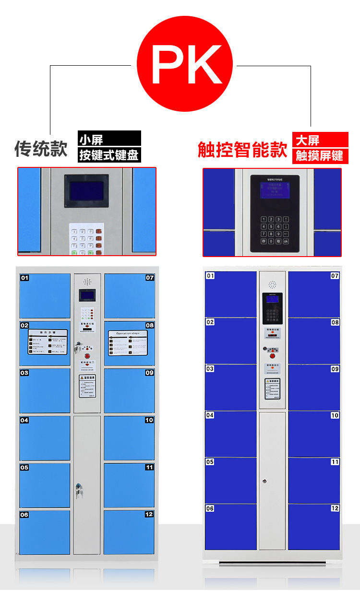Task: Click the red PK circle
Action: click(185, 64)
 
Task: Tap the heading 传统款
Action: click(41, 149)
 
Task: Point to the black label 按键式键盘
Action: click(109, 155)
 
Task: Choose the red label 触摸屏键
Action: click(319, 155)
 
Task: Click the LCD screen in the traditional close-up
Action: click(86, 190)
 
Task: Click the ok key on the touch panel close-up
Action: click(286, 241)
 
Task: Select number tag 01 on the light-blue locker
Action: click(24, 278)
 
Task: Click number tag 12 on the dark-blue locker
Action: click(335, 508)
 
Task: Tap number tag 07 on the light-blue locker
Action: click(150, 278)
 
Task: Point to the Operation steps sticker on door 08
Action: click(128, 342)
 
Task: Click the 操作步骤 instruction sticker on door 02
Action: click(48, 341)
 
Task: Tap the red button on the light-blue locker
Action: click(87, 356)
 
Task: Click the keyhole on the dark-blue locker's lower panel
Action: click(264, 480)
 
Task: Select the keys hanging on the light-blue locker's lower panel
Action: click(78, 488)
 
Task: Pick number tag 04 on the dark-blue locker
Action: click(210, 415)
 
